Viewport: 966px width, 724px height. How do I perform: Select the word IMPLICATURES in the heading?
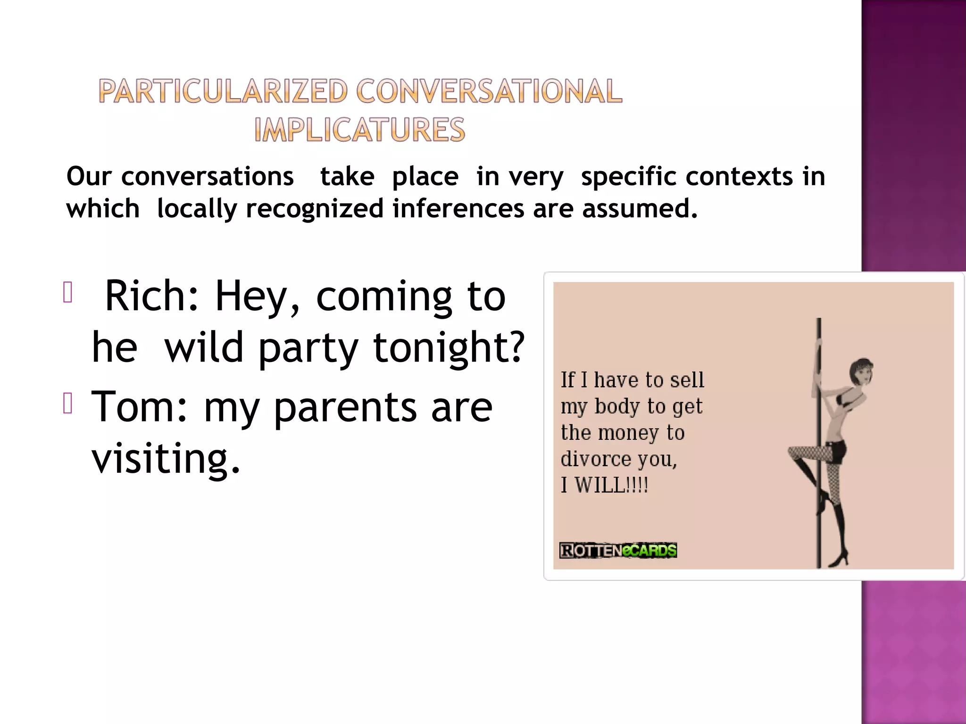tap(359, 130)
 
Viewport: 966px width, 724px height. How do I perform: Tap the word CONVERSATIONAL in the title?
tap(489, 91)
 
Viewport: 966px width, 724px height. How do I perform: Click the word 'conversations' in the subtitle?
tap(208, 177)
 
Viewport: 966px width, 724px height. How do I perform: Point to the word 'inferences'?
tap(458, 208)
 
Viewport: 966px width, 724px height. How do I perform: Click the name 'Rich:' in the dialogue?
tap(151, 296)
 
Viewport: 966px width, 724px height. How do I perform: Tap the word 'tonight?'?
tap(449, 347)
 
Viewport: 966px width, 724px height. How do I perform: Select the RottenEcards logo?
tap(618, 550)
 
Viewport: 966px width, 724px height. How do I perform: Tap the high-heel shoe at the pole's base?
tap(839, 559)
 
